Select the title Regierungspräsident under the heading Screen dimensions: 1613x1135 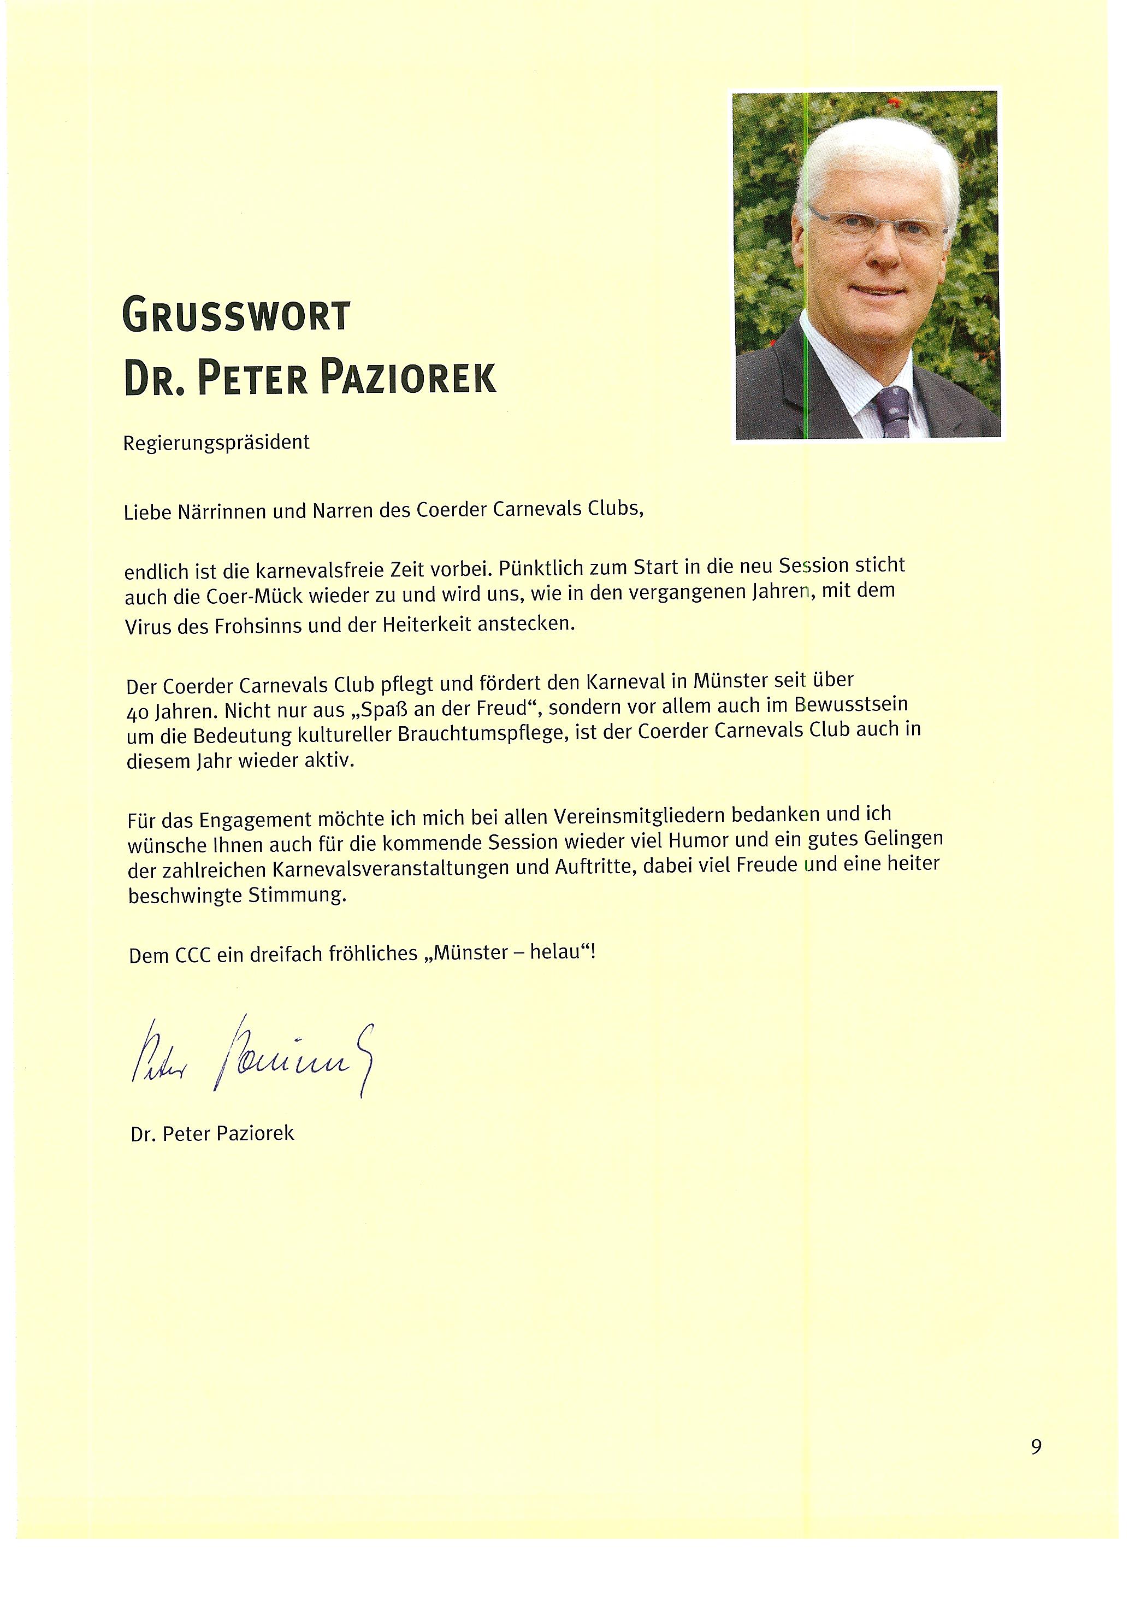[216, 443]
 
